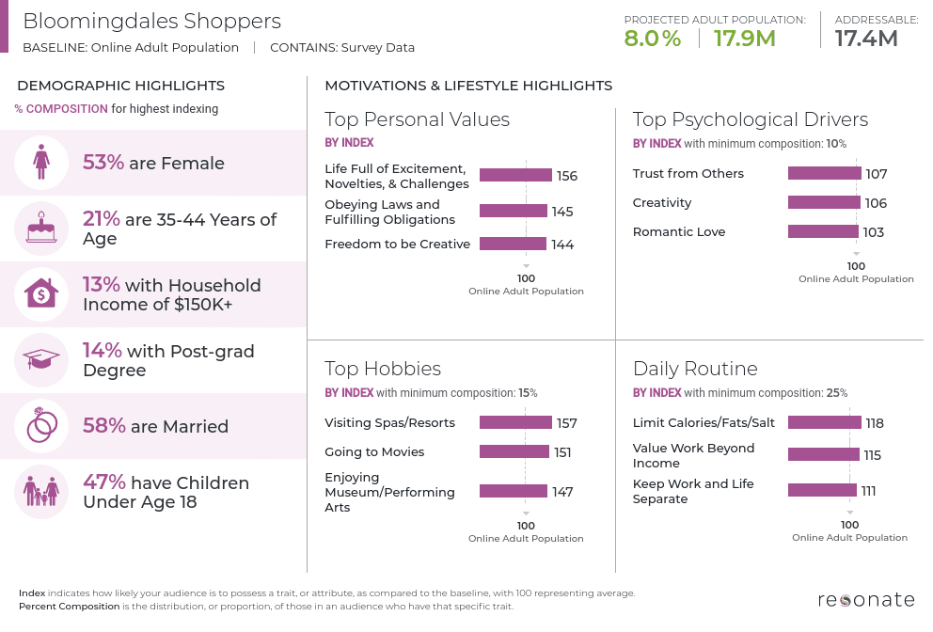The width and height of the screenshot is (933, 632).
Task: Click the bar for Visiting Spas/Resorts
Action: [x=515, y=423]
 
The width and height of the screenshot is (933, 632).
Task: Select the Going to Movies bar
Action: [x=514, y=452]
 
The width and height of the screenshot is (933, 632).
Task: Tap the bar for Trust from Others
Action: [x=824, y=173]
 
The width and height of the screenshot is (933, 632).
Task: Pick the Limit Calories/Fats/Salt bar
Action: [x=823, y=423]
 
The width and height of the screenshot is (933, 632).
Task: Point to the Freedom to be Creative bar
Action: [x=513, y=245]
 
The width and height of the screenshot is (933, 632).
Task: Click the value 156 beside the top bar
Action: [x=566, y=176]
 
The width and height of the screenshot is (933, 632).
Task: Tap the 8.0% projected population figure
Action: [x=652, y=39]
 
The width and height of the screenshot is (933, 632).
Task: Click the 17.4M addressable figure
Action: [x=866, y=39]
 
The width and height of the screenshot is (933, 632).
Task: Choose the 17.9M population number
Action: [x=744, y=39]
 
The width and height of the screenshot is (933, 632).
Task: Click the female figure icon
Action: [x=41, y=163]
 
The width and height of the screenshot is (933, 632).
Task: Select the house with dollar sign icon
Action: [x=41, y=294]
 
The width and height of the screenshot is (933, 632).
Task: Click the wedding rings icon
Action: [x=41, y=426]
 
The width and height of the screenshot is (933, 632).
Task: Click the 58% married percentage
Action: [x=103, y=426]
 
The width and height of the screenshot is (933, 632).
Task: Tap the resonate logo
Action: [x=865, y=599]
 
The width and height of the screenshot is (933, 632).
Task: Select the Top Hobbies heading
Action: [x=383, y=368]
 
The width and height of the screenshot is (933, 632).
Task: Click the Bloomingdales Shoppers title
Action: [x=151, y=21]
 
